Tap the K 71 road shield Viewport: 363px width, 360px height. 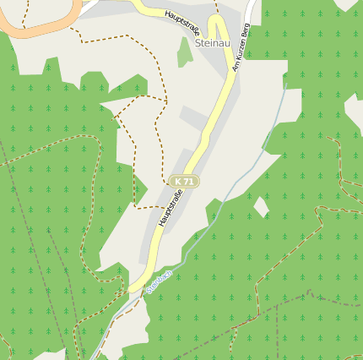click(x=183, y=181)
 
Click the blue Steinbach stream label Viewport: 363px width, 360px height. click(x=159, y=281)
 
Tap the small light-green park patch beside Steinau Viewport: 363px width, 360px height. click(x=185, y=53)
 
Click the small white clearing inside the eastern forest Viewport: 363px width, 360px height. click(x=261, y=206)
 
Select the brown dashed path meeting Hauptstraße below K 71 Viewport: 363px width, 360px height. click(x=148, y=206)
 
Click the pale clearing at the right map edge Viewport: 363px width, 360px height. click(x=354, y=114)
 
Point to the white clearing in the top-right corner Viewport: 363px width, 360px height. click(x=346, y=4)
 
